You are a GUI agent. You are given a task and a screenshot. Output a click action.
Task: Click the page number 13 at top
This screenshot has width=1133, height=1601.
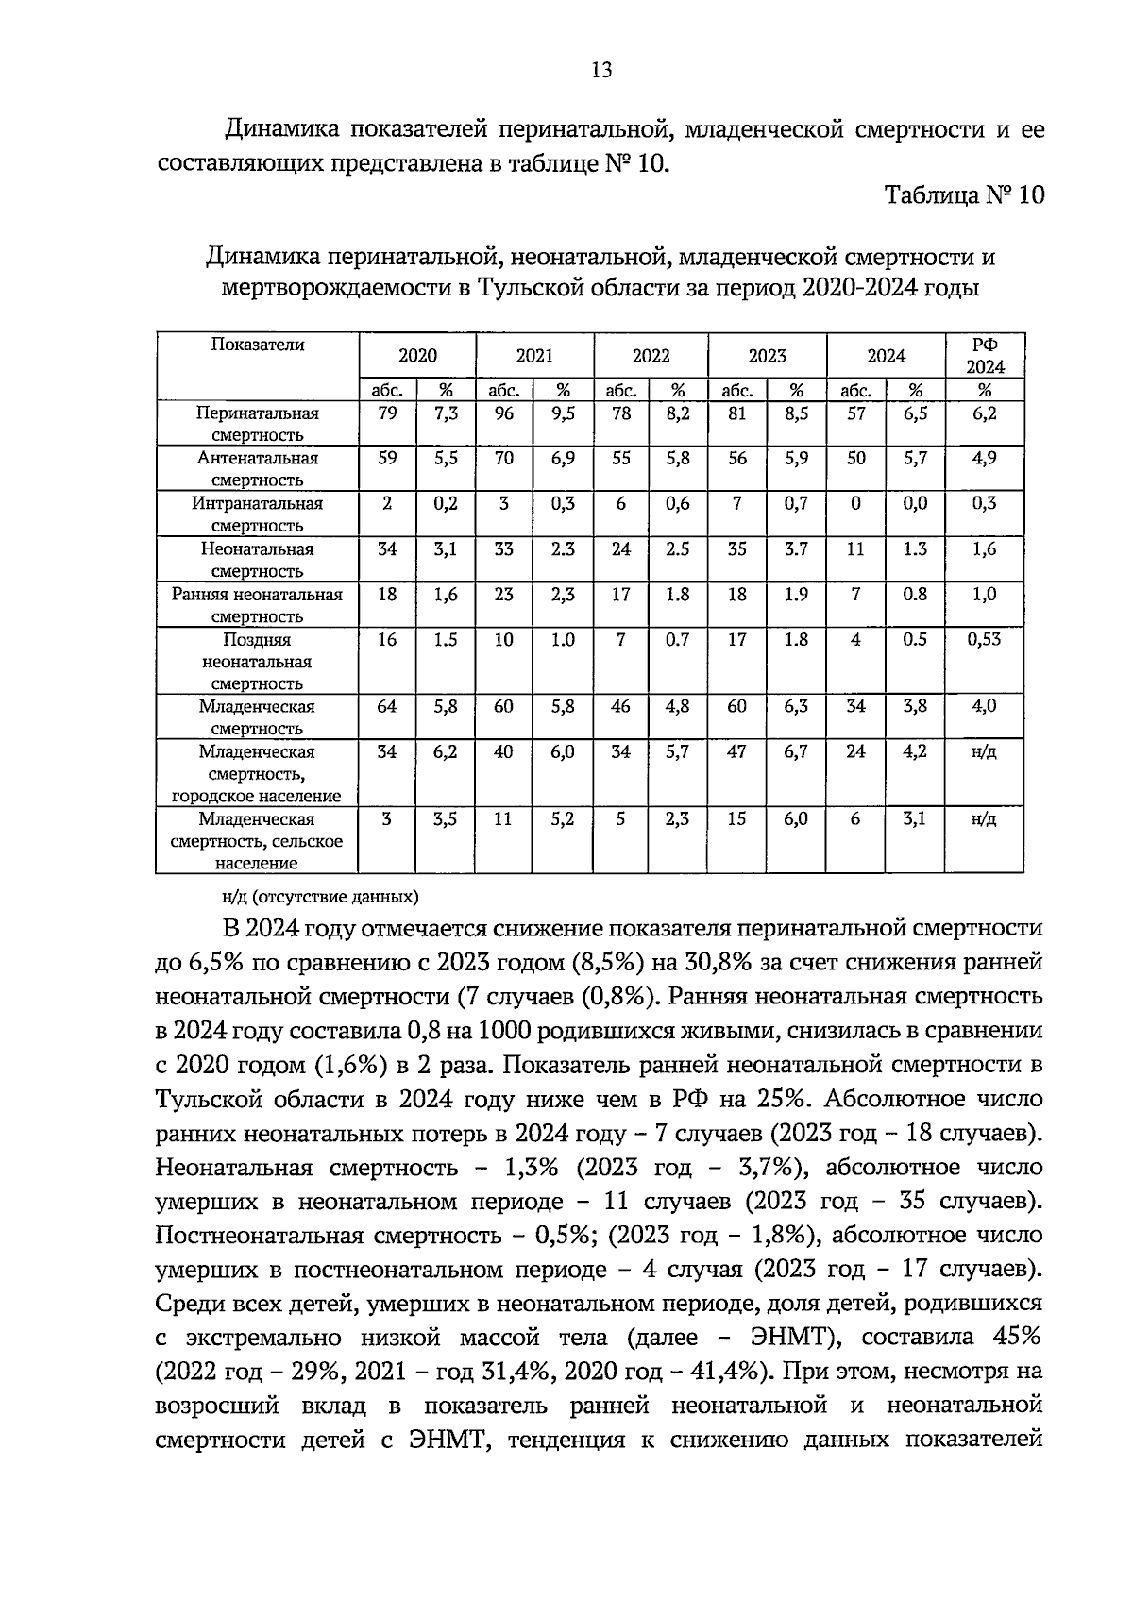point(601,70)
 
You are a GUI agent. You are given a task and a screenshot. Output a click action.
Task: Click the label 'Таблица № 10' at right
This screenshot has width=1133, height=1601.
point(964,195)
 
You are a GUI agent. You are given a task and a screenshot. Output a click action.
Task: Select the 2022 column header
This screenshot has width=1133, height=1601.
point(651,356)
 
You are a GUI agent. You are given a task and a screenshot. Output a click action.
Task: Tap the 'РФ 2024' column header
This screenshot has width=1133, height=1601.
point(985,356)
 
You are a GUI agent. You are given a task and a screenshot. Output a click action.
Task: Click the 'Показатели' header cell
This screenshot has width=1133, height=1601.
point(257,345)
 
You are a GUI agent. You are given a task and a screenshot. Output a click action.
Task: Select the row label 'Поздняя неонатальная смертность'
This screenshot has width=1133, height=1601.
point(257,661)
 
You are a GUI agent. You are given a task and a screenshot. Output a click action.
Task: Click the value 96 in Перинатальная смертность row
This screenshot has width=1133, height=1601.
point(504,413)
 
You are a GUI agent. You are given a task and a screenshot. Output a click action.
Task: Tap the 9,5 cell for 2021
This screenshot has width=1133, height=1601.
point(563,413)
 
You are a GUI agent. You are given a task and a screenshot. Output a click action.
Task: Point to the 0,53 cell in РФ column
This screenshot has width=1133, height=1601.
point(984,639)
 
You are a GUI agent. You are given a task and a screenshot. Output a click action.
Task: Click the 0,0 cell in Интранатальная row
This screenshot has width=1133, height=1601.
point(915,504)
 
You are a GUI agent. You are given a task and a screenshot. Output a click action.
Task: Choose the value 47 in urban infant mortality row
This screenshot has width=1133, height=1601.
point(737,752)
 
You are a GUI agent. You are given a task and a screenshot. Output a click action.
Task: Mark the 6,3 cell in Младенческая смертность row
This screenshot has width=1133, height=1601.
point(796,707)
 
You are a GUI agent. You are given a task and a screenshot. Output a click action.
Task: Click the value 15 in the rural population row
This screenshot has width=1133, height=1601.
point(737,819)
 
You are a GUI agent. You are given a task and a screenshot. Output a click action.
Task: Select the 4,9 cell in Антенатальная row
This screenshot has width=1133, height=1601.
point(984,459)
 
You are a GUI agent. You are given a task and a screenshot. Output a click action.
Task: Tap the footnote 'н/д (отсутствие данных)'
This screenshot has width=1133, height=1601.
point(313,896)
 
